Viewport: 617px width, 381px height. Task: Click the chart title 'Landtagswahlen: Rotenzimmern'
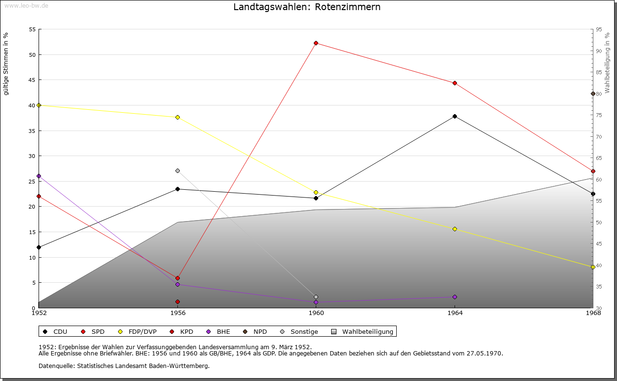point(307,7)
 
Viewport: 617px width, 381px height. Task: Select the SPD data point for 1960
point(316,43)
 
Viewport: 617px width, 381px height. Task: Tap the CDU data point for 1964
point(455,116)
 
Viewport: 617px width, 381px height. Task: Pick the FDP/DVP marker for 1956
point(177,117)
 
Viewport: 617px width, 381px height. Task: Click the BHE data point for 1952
point(39,176)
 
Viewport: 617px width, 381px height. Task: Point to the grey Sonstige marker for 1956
point(177,171)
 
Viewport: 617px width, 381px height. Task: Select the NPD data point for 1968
point(593,93)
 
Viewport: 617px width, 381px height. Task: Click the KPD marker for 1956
point(177,302)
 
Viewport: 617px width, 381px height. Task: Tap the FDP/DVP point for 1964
point(455,229)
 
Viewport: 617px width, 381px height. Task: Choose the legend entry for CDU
point(55,331)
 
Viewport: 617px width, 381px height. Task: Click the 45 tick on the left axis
point(32,80)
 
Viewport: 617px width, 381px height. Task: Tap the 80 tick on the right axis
point(598,94)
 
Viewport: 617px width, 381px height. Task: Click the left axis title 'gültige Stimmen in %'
point(6,64)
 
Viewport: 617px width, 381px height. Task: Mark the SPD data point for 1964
point(455,83)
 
